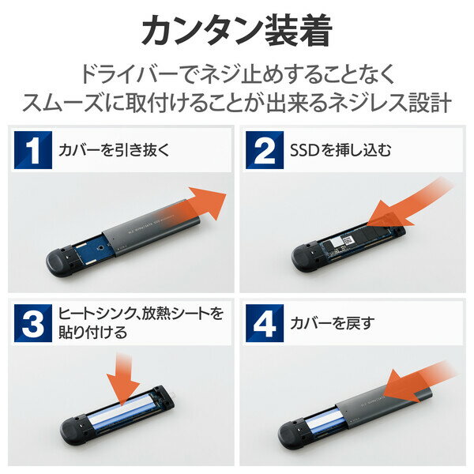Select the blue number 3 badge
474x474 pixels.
coord(32,322)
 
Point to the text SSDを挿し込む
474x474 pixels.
coord(340,149)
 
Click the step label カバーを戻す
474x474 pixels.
coord(329,322)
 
